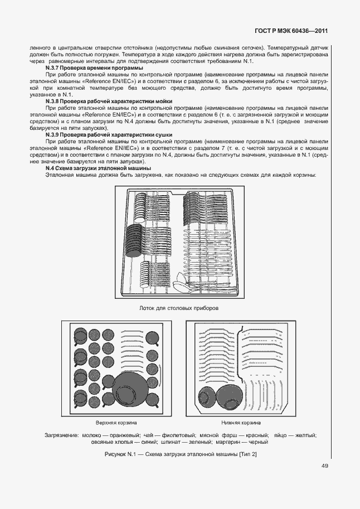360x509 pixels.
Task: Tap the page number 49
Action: tap(324, 466)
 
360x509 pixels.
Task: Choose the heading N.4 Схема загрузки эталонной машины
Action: tap(98, 168)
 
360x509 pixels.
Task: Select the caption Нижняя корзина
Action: tap(241, 423)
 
